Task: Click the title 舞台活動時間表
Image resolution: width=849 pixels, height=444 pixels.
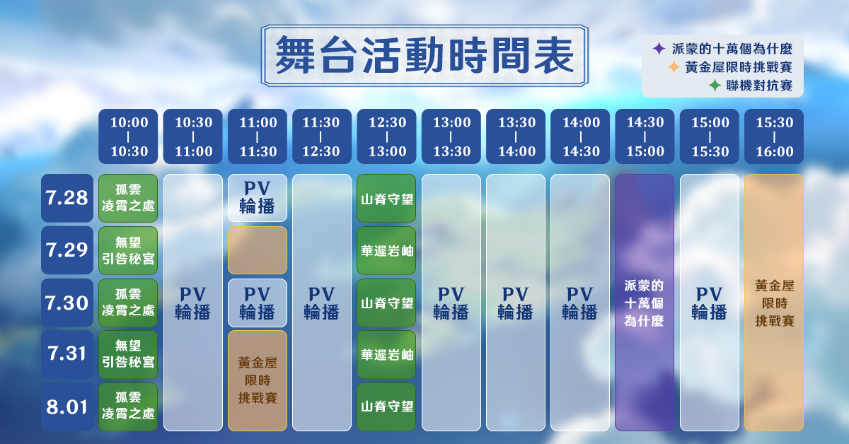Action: click(x=424, y=55)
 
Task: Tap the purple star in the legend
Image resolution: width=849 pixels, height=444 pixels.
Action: click(x=659, y=49)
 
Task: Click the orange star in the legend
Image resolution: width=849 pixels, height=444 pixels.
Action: click(x=674, y=67)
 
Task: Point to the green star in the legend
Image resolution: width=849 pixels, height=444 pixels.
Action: click(x=715, y=86)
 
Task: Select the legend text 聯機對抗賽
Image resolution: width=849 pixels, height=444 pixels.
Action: click(x=759, y=86)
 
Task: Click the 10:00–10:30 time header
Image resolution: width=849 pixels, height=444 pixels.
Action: click(x=128, y=136)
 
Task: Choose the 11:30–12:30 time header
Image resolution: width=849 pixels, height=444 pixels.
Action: click(x=322, y=136)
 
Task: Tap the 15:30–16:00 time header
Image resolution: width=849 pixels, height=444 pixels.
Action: click(x=774, y=136)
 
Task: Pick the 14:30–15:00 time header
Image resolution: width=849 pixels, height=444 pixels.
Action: click(x=645, y=136)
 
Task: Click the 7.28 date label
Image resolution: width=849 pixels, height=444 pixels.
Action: click(x=67, y=198)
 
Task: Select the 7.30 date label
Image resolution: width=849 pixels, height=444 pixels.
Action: click(x=67, y=303)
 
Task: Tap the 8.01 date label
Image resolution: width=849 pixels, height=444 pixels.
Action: click(x=67, y=407)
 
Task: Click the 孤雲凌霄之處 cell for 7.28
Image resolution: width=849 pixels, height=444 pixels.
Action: click(x=128, y=198)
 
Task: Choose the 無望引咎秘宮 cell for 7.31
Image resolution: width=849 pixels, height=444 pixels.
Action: click(x=128, y=355)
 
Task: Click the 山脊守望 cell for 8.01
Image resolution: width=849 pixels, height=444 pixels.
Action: click(x=386, y=407)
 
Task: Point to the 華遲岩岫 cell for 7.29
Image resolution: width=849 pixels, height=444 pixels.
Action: click(x=386, y=250)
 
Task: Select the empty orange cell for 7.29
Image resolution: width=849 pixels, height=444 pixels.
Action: click(x=258, y=250)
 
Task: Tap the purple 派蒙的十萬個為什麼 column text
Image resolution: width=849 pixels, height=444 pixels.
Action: click(x=644, y=303)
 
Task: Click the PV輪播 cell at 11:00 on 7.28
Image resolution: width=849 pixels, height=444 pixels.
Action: click(x=258, y=198)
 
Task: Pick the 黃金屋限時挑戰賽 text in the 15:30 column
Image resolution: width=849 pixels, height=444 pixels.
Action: click(x=774, y=303)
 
